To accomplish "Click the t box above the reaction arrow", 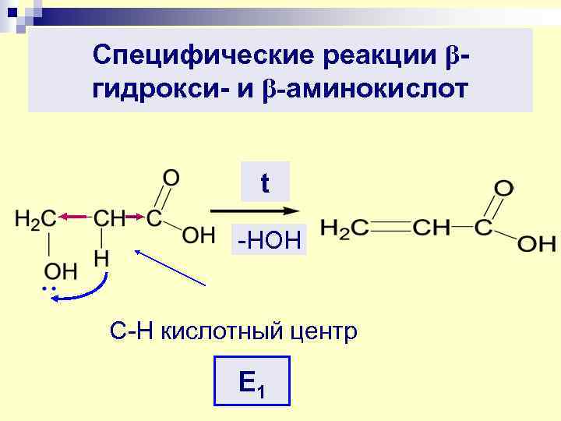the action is coord(265,182).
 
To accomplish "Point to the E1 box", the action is coord(251,381).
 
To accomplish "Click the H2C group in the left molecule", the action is coord(36,219).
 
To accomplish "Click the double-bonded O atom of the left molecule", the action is coord(171,178).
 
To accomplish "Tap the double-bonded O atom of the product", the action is coord(504,189).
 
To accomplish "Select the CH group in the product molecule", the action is coord(430,228).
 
